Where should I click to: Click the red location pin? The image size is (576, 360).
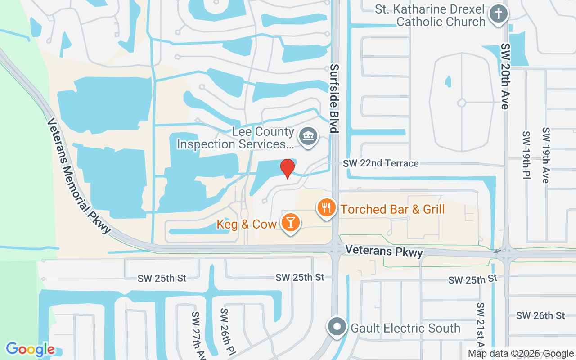click(288, 168)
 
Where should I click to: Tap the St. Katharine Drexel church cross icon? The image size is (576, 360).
click(498, 13)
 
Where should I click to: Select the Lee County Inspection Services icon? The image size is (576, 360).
click(308, 136)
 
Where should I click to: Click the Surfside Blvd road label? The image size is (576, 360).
click(334, 98)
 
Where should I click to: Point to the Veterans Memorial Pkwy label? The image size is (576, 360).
click(78, 175)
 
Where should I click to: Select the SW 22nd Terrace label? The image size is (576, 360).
click(381, 163)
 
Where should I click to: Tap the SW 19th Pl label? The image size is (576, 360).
click(526, 155)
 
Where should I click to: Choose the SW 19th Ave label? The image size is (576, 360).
click(546, 155)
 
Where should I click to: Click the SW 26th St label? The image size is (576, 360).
click(540, 315)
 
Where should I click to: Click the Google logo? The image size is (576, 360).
click(30, 349)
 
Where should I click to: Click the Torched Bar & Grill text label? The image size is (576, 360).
click(392, 209)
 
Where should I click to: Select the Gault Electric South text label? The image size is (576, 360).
click(405, 328)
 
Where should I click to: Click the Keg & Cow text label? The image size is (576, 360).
click(247, 224)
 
